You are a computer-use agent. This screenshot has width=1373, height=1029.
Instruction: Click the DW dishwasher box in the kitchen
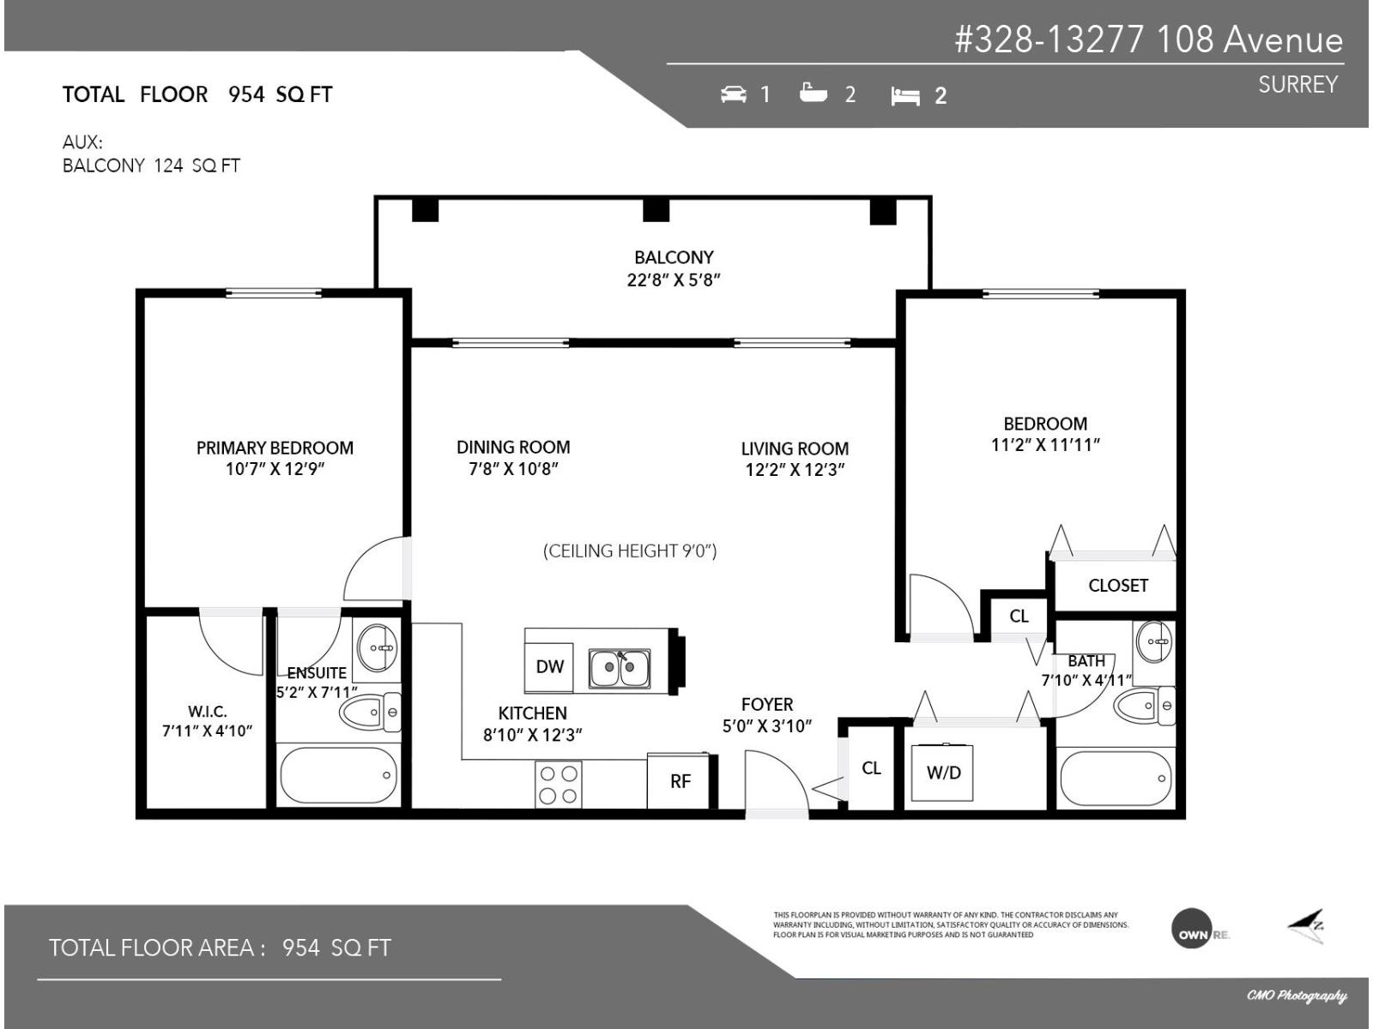tap(549, 667)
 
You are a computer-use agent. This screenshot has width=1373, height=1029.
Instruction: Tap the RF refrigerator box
tap(680, 780)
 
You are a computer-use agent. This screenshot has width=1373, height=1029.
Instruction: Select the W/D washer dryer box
tap(943, 773)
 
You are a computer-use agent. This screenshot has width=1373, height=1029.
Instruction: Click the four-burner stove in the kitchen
tap(559, 784)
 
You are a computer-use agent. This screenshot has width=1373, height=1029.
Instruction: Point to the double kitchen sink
tap(620, 668)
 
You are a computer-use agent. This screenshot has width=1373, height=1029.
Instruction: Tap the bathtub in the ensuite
tap(339, 774)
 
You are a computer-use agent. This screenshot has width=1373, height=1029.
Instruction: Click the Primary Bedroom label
tap(275, 448)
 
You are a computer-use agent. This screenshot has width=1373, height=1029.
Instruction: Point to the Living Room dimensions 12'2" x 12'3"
tap(795, 470)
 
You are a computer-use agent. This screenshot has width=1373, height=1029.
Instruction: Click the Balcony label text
tap(674, 257)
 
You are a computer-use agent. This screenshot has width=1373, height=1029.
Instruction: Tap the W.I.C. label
tap(207, 712)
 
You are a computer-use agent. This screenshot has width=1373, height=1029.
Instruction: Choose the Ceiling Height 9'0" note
tap(630, 551)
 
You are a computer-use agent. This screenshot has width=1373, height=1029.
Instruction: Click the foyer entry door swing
tap(774, 782)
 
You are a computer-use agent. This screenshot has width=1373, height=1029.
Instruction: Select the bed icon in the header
tap(905, 95)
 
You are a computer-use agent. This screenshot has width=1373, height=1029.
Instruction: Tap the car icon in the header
tap(734, 93)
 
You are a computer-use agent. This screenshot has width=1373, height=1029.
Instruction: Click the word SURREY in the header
tap(1297, 85)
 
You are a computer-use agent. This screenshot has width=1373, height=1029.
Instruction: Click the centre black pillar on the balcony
tap(656, 209)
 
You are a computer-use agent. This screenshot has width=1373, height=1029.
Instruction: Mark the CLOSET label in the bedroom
tap(1117, 586)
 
